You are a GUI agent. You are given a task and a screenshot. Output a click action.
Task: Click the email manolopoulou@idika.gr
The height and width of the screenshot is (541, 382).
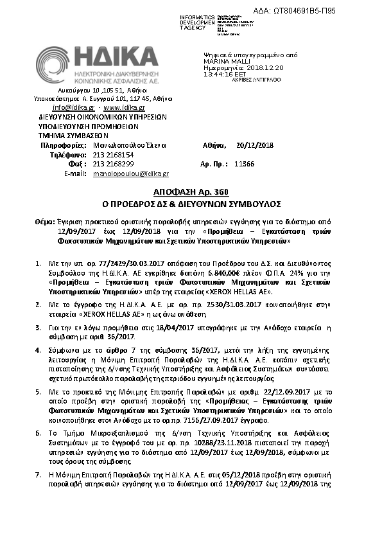click(x=131, y=174)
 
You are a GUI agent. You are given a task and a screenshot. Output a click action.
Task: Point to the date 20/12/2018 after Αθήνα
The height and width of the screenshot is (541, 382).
click(x=255, y=145)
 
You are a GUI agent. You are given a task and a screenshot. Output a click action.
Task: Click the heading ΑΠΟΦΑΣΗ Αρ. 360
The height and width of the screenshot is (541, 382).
click(x=191, y=193)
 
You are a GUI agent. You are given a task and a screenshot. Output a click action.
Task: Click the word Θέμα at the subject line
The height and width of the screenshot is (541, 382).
click(x=45, y=220)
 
